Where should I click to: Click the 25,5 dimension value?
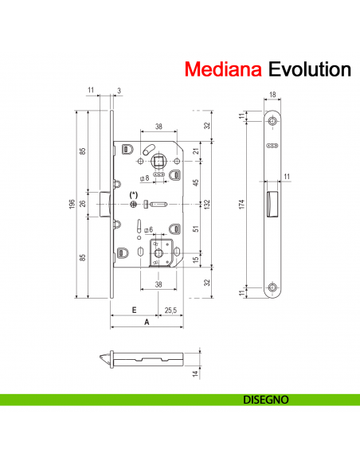point(170,311)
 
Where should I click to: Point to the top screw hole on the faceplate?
point(273,121)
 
